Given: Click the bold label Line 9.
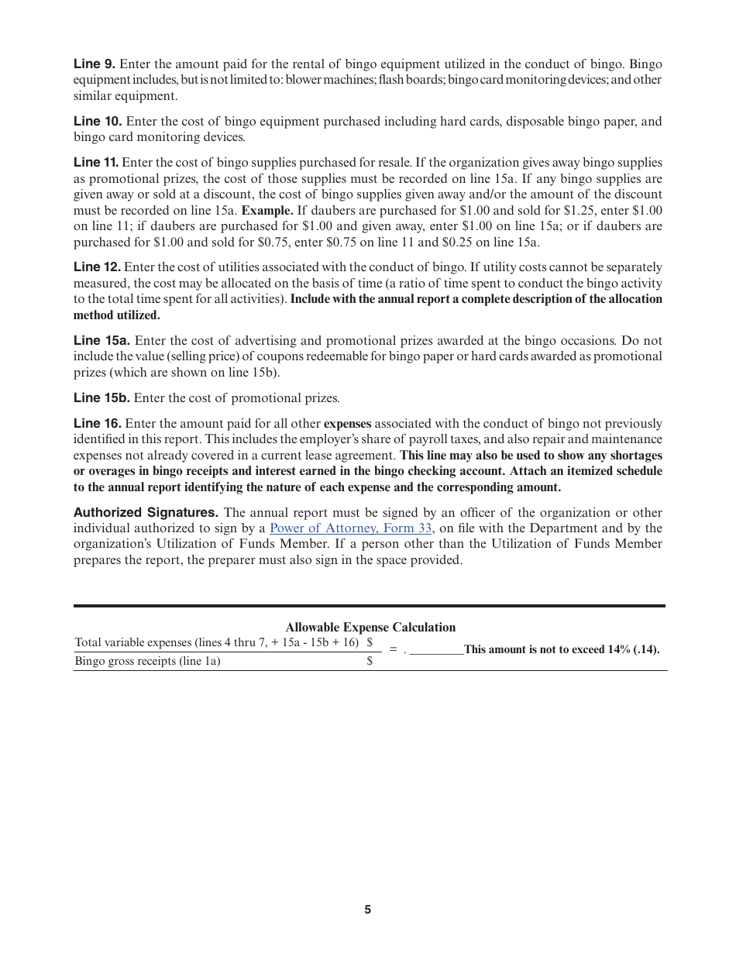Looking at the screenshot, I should tap(94, 64).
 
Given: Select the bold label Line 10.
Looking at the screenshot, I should tap(98, 122).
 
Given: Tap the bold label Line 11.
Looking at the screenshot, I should tap(96, 163).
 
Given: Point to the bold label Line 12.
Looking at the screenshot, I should tap(97, 267).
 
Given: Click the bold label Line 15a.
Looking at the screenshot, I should tap(101, 341).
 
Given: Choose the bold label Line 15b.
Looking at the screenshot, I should tap(101, 398).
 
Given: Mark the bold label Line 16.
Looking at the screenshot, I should tap(97, 424).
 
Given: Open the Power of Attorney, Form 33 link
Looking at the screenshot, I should tap(350, 528).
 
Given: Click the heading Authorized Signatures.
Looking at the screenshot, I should tap(146, 513).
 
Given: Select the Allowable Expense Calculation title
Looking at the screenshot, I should tap(370, 628).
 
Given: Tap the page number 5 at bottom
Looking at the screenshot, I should tap(368, 910).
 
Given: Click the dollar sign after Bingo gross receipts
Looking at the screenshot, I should tap(370, 662).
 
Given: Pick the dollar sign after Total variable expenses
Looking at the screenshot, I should tap(370, 642).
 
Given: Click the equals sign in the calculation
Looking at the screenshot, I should tap(393, 650).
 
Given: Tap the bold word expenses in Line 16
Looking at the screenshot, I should tap(347, 424).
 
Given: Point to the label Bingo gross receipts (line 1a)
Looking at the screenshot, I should tap(147, 662).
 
